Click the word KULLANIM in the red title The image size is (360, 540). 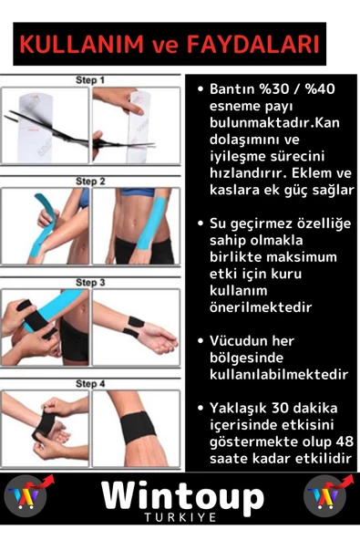pyautogui.click(x=77, y=45)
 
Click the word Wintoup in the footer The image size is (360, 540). pyautogui.click(x=182, y=497)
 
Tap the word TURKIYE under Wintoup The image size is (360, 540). pyautogui.click(x=182, y=520)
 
